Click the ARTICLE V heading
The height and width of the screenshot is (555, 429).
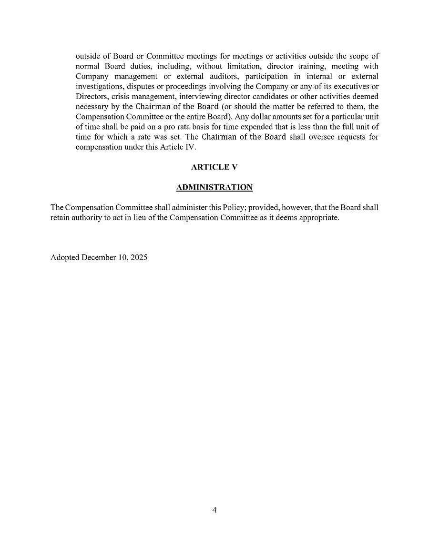tap(214, 167)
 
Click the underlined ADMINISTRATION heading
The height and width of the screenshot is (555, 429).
tap(214, 188)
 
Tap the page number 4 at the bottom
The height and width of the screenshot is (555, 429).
tap(214, 510)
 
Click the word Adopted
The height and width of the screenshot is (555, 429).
tap(65, 257)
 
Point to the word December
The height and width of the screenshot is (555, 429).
tap(97, 257)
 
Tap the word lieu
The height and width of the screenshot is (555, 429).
tap(147, 218)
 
